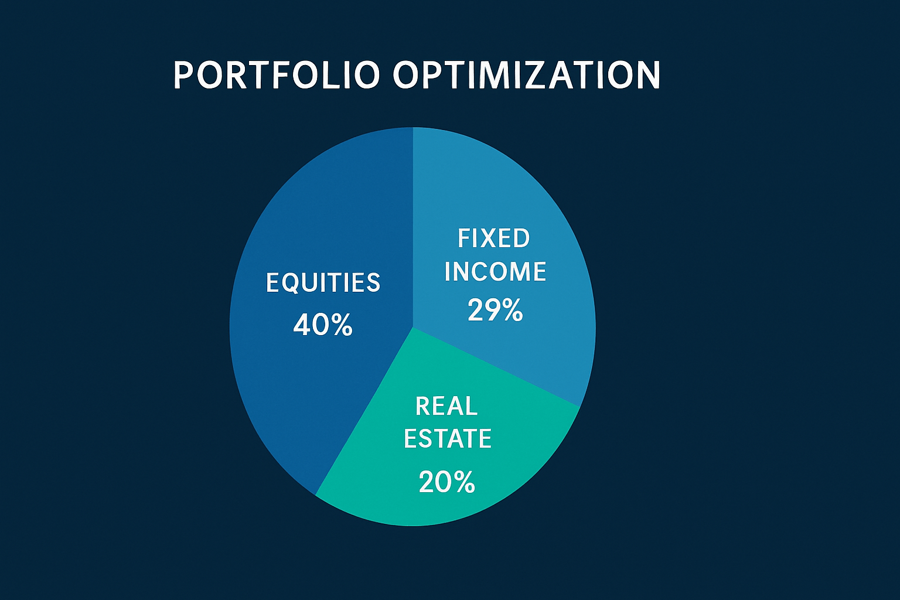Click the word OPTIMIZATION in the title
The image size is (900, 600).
tap(526, 76)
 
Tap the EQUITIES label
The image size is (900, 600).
tap(323, 283)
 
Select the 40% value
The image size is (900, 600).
tap(323, 325)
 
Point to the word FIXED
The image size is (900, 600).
tap(493, 238)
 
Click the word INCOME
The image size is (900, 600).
tap(495, 272)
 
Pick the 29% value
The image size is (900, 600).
tap(495, 310)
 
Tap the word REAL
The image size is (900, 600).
tap(446, 406)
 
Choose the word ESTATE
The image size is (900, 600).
tap(448, 439)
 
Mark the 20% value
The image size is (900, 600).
tap(446, 482)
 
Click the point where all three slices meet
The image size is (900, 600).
tap(412, 327)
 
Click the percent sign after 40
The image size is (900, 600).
tap(341, 325)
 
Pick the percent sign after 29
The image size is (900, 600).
tap(512, 311)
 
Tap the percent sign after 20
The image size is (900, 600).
tap(463, 483)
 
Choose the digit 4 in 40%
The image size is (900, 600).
tap(301, 325)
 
